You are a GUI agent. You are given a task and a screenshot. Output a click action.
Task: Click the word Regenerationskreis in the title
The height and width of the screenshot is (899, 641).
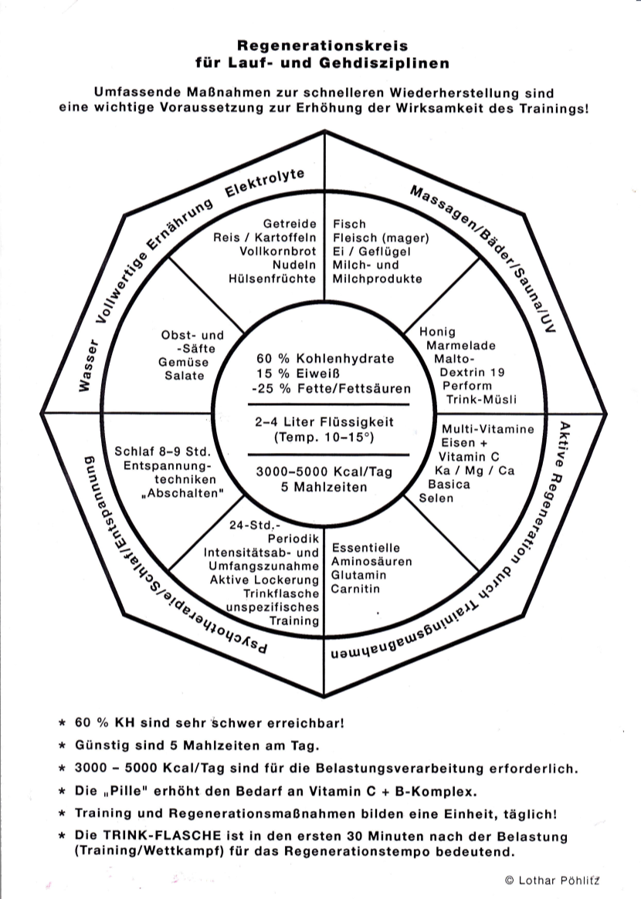322,46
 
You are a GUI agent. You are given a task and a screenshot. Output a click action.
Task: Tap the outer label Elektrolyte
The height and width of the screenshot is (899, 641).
265,181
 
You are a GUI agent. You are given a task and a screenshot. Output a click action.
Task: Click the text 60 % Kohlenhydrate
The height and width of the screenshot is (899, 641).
324,359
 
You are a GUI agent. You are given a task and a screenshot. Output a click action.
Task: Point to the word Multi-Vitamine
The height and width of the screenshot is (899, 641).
487,429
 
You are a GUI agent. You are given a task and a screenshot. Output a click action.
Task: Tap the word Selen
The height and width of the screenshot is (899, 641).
436,499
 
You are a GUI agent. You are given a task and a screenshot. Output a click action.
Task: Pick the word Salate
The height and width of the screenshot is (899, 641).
185,376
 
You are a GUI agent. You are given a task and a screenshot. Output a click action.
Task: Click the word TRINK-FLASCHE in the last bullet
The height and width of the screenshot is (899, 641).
158,836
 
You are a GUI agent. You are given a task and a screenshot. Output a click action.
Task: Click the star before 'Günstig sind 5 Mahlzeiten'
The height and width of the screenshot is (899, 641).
62,746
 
